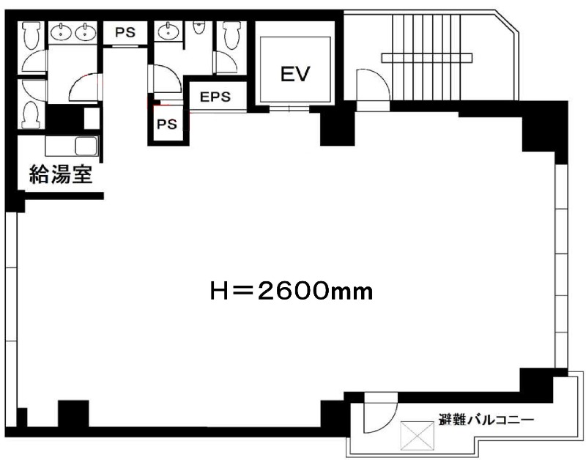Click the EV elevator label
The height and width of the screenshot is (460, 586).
pos(295,74)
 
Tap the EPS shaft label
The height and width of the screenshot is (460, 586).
pos(215,97)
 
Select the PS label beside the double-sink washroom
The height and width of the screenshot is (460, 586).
pos(125,32)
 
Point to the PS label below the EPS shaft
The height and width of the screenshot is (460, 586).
pos(167,124)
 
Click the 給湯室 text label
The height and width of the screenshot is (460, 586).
pos(61,174)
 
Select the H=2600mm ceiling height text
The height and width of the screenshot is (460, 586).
pos(292,291)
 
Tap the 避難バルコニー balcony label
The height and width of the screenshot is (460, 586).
pos(486,420)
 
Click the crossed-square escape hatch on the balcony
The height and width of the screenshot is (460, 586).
pos(418,436)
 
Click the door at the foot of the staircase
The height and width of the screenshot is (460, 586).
pos(373,85)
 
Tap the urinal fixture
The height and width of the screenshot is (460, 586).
pos(199,27)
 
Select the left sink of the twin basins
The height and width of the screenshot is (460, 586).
pos(61,31)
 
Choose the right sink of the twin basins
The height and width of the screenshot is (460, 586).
pos(86,31)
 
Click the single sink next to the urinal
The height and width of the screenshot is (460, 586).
pos(168,31)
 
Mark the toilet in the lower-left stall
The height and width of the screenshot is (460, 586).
pos(31,115)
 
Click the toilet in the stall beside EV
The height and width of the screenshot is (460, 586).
pos(231,35)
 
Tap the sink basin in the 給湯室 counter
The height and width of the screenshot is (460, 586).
pos(86,146)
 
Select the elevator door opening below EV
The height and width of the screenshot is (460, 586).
pos(289,109)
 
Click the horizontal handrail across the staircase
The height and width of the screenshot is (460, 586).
pos(427,58)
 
